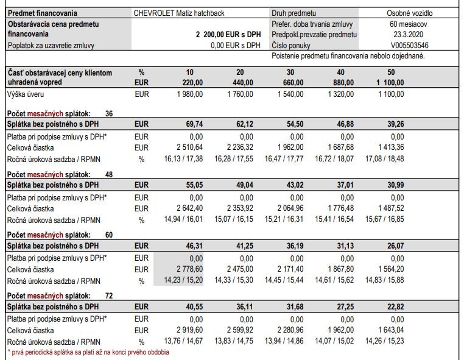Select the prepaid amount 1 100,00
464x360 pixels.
(390, 82)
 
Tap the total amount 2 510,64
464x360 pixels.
(191, 147)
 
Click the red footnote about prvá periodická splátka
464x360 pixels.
(88, 351)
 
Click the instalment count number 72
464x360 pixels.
(109, 295)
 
